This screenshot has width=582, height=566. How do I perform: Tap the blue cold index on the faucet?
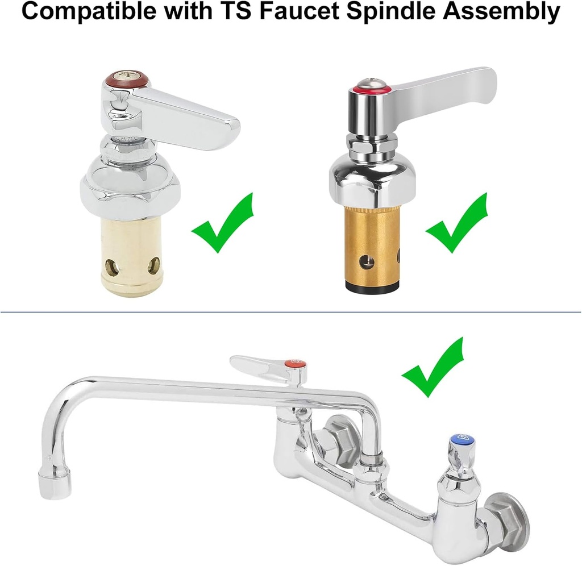click(x=462, y=438)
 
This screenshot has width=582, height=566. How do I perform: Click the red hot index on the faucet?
click(x=295, y=363)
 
